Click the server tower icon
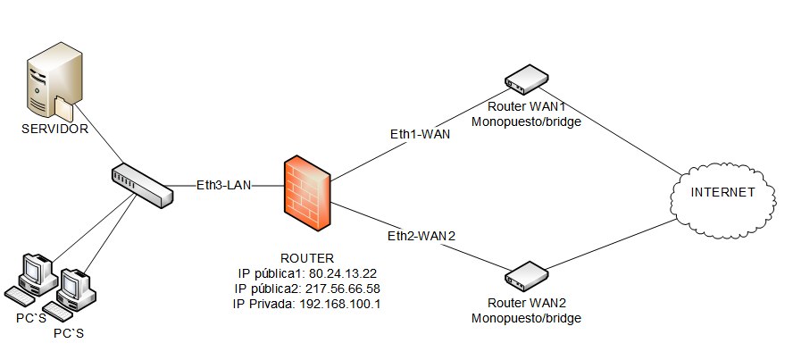52,86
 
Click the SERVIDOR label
55,130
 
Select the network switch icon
142,186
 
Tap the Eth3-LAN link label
224,186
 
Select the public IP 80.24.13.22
342,273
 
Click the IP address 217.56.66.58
342,289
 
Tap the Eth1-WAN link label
420,134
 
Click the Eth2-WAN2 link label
421,236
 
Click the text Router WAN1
526,106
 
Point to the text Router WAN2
526,304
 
